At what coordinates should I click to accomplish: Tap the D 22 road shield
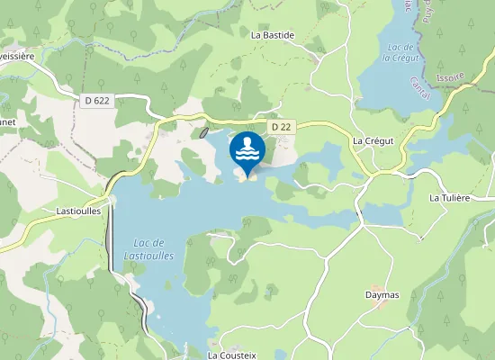coord(281,127)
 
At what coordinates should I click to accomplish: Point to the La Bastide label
coord(273,35)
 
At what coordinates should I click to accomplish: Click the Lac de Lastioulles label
coord(148,249)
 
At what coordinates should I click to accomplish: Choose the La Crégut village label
coord(373,141)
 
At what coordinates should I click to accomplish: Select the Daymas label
coord(382,293)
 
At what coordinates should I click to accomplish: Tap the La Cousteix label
coord(232,355)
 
